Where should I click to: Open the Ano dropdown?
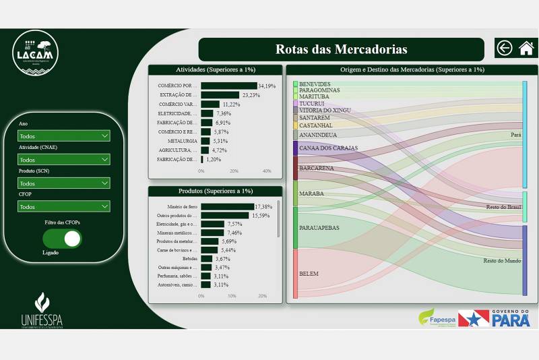coord(64,136)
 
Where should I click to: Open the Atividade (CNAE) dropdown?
coord(64,160)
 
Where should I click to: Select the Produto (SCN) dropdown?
coord(64,183)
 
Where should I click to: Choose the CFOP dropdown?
coord(64,207)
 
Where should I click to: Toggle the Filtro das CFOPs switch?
coord(62,239)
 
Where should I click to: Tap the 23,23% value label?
coord(251,95)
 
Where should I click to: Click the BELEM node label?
coord(309,274)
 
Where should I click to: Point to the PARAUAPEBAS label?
coord(319,228)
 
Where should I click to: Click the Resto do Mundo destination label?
coord(502,260)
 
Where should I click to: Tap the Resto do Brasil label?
coord(504,207)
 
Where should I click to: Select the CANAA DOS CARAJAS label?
coord(328,148)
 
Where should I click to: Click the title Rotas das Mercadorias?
coord(341,49)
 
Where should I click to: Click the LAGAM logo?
coord(36,51)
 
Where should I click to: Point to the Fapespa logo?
coord(437,317)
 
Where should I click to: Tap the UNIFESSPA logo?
coord(42,311)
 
